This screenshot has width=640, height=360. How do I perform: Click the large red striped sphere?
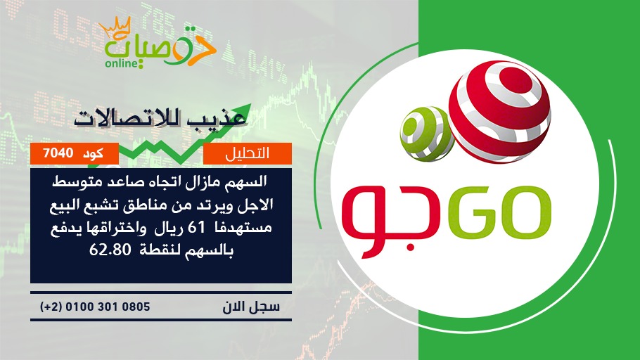[499, 112]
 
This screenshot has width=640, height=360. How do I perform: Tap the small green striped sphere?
[427, 134]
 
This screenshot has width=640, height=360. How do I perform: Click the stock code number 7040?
[58, 153]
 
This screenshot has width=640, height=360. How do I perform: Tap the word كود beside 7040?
[93, 154]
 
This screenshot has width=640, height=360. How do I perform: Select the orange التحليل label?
[248, 153]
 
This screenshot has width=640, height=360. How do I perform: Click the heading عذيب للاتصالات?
[160, 119]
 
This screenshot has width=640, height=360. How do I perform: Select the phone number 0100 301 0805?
[108, 307]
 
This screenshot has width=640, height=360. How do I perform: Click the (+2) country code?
[51, 307]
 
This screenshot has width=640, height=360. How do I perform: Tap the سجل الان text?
[251, 307]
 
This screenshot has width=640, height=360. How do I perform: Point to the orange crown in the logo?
[115, 26]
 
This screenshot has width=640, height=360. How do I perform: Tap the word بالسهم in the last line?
[210, 250]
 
